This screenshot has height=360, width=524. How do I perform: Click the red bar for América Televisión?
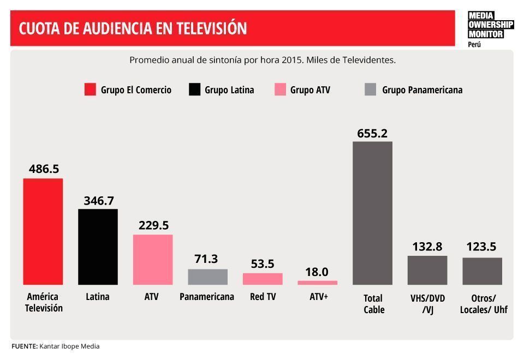tap(43, 231)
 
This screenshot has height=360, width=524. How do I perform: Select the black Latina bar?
tap(98, 247)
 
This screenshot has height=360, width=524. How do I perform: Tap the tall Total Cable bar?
tap(372, 213)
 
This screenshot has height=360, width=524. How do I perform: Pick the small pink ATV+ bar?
tap(317, 283)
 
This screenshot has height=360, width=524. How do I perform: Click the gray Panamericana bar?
tap(207, 277)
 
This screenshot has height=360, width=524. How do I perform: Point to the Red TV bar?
tap(263, 279)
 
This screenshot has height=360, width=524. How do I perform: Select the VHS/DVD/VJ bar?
tap(427, 270)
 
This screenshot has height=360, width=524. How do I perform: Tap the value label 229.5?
tap(153, 225)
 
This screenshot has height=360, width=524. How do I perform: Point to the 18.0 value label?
tap(317, 272)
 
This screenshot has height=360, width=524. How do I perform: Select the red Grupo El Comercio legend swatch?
tap(90, 90)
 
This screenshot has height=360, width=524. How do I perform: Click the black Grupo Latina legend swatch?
tap(194, 90)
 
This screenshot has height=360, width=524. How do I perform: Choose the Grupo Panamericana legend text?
tap(422, 90)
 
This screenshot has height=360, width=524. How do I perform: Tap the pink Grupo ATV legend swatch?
tap(280, 90)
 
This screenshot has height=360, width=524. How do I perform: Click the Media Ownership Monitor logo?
tap(490, 26)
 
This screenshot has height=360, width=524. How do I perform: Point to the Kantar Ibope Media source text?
tap(69, 346)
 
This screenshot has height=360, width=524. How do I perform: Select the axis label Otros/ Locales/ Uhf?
tap(483, 304)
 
